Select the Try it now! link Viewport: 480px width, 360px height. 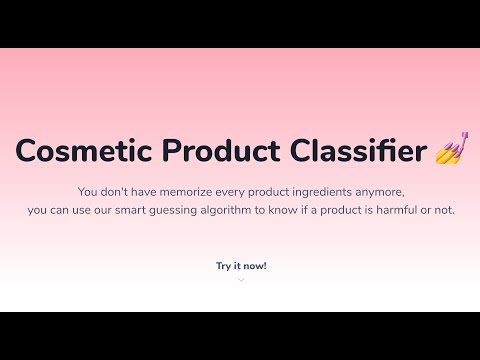click(x=241, y=266)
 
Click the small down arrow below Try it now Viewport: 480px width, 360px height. click(x=241, y=280)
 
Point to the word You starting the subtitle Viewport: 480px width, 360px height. click(x=87, y=191)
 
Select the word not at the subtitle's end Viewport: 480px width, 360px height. click(x=443, y=210)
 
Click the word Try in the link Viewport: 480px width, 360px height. click(x=223, y=266)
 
